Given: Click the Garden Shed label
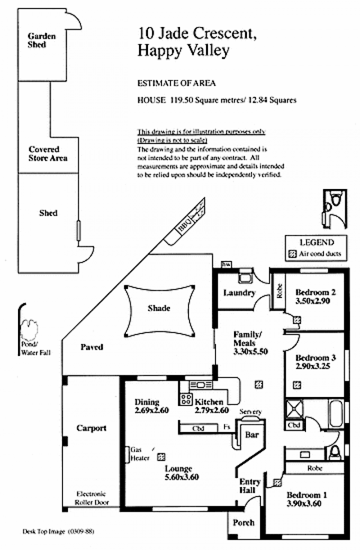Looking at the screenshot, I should click(42, 40).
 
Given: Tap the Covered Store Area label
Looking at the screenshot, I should click(48, 153).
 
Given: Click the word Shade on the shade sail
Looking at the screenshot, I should click(159, 308).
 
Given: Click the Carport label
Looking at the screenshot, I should click(91, 428).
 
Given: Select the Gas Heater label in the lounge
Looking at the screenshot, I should click(136, 453).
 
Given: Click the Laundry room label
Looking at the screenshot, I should click(239, 293).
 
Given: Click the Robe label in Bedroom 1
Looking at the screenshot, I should click(315, 468).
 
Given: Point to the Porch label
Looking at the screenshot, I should click(243, 523).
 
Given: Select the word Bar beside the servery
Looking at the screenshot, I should click(251, 435).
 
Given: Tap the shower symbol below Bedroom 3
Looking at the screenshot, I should click(294, 408).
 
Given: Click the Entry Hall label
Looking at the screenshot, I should click(247, 485).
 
